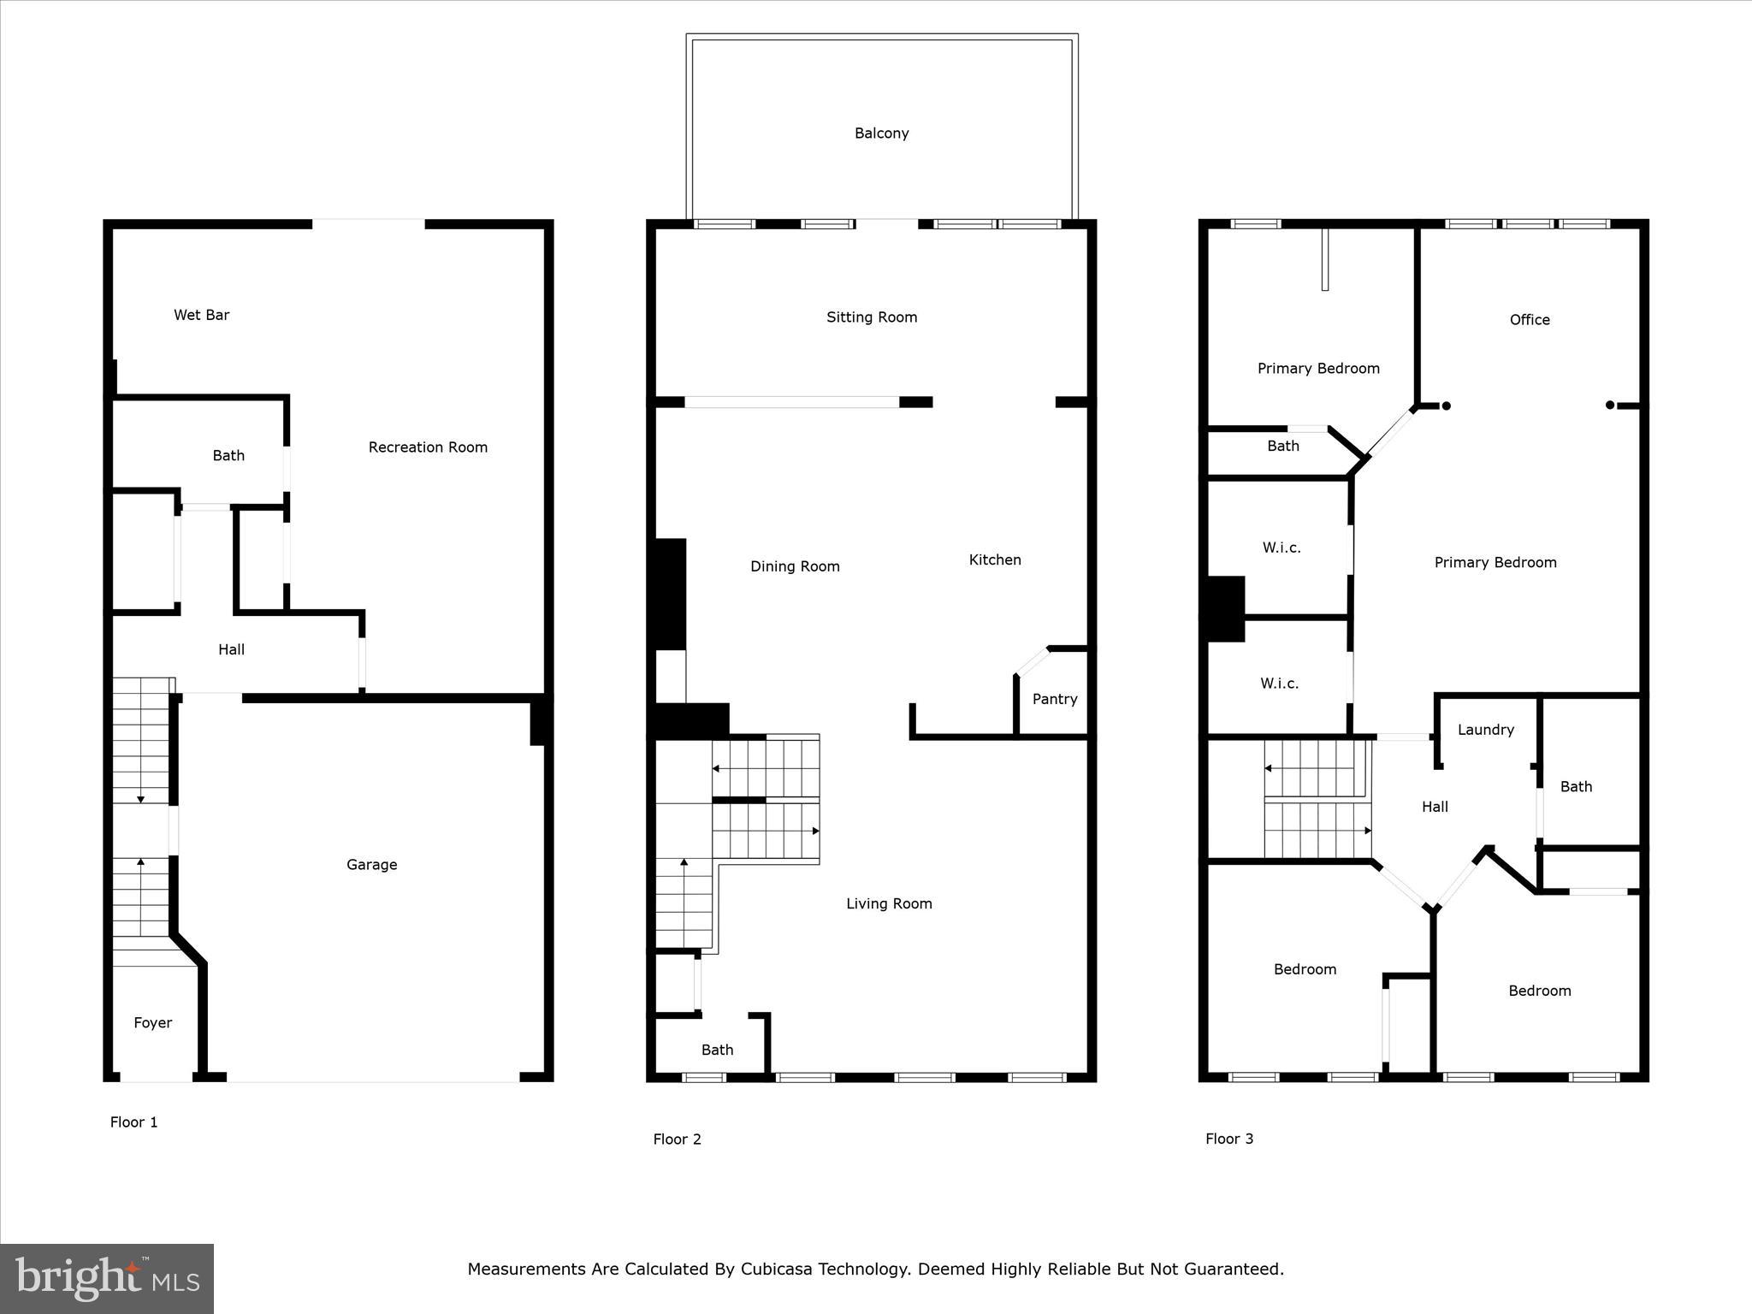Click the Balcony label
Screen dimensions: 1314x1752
(x=881, y=133)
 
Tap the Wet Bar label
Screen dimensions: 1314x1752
(x=201, y=315)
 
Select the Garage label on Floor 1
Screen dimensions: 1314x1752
(x=371, y=865)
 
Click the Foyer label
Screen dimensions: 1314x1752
(x=152, y=1023)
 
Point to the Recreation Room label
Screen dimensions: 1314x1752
(x=428, y=447)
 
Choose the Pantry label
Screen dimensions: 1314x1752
(x=1054, y=699)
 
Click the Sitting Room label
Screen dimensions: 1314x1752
(x=871, y=317)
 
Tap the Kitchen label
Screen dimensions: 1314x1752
(x=994, y=559)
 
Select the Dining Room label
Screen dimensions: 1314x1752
(x=795, y=566)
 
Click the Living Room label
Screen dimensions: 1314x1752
(x=889, y=903)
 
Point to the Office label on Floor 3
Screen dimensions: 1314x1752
(x=1529, y=320)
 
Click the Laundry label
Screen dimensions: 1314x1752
(x=1485, y=730)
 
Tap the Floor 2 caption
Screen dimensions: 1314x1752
(x=677, y=1139)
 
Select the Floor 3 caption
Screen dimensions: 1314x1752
(x=1228, y=1139)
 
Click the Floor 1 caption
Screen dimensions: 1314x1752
(x=133, y=1122)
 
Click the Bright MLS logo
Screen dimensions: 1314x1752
(x=106, y=1279)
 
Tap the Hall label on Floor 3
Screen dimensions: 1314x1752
(x=1435, y=807)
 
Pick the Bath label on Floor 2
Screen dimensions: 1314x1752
(x=717, y=1050)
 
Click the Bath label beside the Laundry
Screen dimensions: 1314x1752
(x=1575, y=787)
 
